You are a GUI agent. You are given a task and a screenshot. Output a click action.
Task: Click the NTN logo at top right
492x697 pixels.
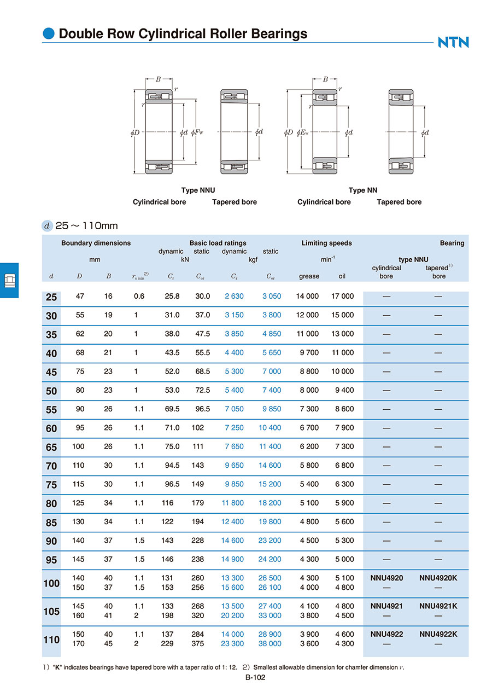point(453,42)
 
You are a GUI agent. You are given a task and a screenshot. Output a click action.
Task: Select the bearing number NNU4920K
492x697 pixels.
point(438,578)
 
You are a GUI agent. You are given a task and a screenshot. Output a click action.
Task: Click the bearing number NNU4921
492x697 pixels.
point(386,606)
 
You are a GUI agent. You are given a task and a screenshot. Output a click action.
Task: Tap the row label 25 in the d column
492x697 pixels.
point(51,297)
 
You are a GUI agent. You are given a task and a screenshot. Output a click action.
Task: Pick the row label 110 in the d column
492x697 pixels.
point(51,639)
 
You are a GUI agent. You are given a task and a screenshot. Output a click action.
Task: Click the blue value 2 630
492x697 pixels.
point(234,297)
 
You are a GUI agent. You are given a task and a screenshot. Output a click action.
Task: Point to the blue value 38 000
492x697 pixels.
point(270,644)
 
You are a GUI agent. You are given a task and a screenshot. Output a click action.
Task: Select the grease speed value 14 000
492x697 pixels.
point(307,297)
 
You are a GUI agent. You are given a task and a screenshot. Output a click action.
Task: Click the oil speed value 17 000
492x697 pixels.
point(343,297)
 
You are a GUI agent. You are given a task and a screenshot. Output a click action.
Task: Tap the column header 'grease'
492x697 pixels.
point(309,276)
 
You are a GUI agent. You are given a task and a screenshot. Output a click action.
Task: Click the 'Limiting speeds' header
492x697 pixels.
point(326,243)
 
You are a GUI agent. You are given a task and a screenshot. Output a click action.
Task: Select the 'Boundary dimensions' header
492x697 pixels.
point(96,243)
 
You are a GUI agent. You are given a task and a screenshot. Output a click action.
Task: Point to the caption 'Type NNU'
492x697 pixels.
point(198,190)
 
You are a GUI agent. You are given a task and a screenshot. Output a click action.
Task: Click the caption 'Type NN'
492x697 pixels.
point(363,190)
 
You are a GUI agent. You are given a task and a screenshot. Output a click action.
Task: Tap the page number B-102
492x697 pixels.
point(256,677)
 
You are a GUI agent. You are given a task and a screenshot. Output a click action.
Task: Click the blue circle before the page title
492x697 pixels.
point(49,34)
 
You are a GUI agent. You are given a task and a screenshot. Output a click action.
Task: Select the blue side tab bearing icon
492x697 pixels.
point(9,280)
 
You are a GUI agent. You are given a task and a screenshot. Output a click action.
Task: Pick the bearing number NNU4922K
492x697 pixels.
point(438,634)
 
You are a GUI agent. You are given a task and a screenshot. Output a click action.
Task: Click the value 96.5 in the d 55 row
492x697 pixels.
point(203,409)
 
